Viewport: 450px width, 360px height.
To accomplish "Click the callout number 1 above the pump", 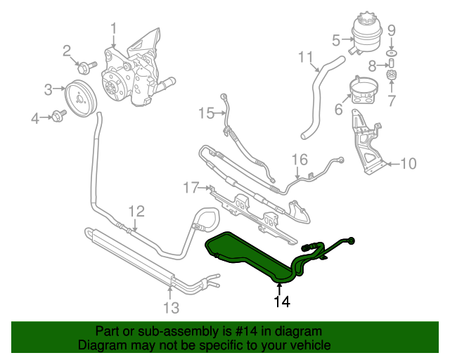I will [x=112, y=29].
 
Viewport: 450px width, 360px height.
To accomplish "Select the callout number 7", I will [x=392, y=101].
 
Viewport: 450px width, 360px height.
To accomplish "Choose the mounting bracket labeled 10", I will [x=364, y=148].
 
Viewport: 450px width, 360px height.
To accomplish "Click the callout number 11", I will [x=304, y=56].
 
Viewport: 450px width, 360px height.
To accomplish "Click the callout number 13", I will [x=172, y=307].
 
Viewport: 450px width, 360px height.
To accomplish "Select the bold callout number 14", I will [x=281, y=302].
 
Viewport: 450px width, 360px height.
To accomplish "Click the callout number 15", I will [x=205, y=112].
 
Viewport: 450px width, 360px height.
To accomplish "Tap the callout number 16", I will [x=300, y=159].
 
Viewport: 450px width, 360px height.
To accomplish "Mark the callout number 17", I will [x=191, y=187].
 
